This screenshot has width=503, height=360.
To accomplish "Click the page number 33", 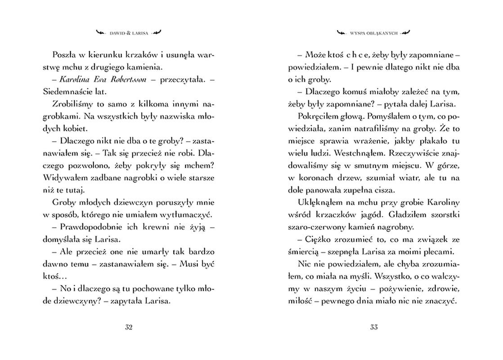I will point(374,327).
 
